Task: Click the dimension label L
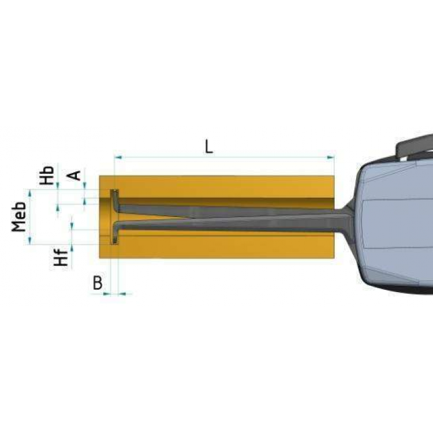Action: pos(209,145)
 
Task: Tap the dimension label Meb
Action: pos(21,216)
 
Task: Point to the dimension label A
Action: pos(74,175)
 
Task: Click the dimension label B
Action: pos(98,282)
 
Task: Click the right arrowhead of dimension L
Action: pos(331,156)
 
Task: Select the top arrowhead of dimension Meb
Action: pos(30,192)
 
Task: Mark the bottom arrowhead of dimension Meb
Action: pos(30,240)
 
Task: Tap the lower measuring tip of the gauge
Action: pos(114,238)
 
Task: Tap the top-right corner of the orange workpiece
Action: pos(334,176)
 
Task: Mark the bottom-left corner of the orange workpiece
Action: pos(100,257)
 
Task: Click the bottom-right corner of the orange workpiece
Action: pos(334,257)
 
